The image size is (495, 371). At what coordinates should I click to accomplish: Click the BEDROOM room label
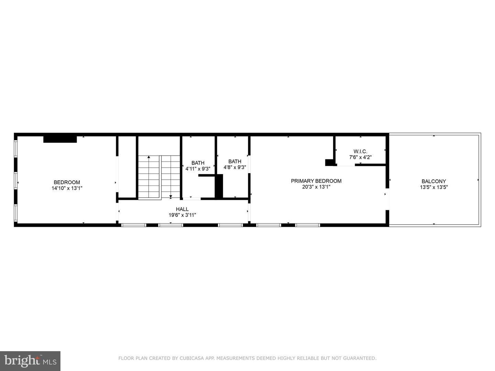tap(67, 182)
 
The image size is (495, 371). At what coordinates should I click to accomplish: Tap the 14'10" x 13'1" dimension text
tap(67, 188)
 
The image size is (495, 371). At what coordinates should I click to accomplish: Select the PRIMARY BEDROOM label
tap(316, 181)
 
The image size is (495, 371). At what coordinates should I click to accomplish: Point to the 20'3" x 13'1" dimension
tap(316, 187)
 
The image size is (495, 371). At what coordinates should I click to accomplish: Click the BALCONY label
tap(433, 181)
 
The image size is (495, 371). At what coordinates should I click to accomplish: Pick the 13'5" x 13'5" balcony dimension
tap(433, 187)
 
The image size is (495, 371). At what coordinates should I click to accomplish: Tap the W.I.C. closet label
tap(360, 151)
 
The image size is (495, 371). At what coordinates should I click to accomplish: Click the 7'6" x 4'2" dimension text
tap(360, 157)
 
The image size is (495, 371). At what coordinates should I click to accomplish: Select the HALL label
tap(182, 209)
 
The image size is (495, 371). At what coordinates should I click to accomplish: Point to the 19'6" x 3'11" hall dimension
tap(182, 215)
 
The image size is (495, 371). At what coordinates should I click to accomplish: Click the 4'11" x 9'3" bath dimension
tap(198, 169)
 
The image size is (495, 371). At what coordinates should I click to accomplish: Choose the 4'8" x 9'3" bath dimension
tap(235, 167)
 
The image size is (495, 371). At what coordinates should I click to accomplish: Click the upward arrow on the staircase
tap(148, 157)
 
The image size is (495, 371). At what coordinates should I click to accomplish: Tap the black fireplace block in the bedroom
tap(60, 139)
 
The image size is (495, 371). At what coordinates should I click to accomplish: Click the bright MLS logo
tap(30, 361)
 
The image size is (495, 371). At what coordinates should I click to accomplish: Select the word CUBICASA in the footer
tap(192, 358)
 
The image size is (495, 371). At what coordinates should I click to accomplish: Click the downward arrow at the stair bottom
tap(170, 196)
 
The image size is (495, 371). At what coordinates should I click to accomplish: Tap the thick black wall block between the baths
tap(219, 186)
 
